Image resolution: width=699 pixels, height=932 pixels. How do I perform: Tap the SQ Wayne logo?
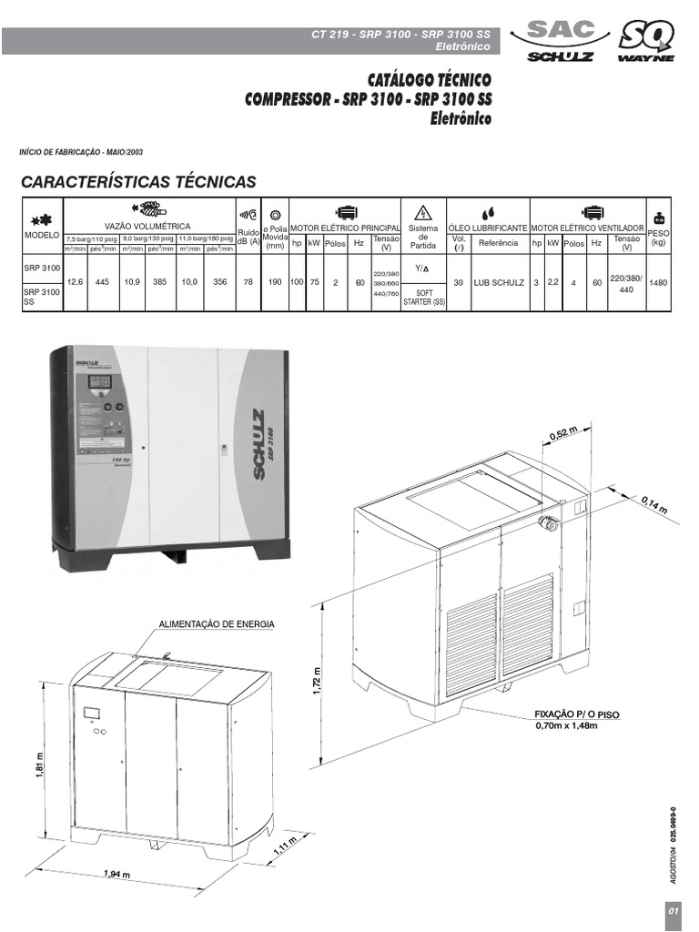[646, 41]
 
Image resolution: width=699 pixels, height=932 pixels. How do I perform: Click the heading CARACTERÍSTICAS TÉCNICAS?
[138, 182]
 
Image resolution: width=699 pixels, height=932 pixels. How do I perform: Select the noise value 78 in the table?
[248, 283]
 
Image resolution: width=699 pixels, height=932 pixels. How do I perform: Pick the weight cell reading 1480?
[659, 283]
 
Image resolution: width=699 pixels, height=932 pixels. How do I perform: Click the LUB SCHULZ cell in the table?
[499, 283]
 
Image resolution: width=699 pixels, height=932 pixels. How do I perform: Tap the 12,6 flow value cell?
[76, 283]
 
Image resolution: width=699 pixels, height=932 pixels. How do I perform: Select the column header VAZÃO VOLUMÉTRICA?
[147, 225]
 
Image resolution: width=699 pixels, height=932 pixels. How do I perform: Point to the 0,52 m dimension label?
[564, 434]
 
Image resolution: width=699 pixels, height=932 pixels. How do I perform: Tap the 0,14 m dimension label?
[653, 504]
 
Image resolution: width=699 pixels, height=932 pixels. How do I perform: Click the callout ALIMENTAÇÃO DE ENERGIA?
[217, 624]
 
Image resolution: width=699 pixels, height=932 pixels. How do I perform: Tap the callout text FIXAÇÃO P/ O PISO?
[577, 715]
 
